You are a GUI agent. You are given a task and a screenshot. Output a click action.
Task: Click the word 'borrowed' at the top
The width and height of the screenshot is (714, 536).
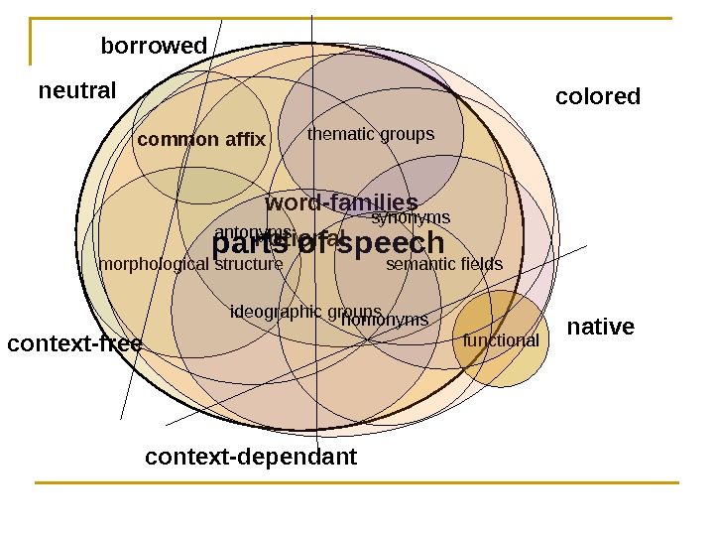(154, 47)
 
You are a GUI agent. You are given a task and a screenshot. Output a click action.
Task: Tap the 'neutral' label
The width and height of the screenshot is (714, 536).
(77, 91)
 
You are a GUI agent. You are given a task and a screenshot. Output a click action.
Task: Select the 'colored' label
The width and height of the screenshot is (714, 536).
(598, 97)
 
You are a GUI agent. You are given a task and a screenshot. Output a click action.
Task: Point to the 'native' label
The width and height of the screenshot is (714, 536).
(600, 328)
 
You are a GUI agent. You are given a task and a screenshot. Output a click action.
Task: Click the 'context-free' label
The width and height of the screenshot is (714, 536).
(74, 344)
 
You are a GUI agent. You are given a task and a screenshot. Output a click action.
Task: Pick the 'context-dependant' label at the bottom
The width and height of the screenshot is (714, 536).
(251, 458)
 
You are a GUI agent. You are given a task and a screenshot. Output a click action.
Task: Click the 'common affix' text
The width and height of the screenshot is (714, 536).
(201, 140)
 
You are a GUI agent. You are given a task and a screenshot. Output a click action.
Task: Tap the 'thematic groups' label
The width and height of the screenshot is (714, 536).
(371, 134)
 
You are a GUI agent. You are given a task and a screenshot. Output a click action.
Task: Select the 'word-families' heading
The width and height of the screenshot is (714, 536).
(341, 204)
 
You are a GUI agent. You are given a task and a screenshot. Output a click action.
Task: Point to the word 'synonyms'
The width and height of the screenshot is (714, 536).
(411, 218)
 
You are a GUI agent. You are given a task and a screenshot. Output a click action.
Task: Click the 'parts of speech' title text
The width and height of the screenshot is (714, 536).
(328, 243)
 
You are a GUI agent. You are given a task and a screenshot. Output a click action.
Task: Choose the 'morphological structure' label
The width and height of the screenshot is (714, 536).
(190, 265)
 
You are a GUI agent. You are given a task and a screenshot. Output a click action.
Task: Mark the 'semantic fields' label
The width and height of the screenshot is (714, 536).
(444, 265)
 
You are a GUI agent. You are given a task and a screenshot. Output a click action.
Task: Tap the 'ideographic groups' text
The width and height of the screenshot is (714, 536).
(305, 313)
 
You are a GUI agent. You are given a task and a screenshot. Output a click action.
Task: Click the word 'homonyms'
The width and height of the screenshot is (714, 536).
(385, 321)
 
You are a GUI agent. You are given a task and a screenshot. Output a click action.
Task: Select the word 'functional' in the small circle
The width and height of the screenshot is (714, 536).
(501, 341)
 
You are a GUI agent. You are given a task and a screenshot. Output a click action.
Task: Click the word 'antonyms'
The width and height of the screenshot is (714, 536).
(248, 232)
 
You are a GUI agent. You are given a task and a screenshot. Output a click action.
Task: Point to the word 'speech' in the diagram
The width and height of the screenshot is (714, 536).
(397, 243)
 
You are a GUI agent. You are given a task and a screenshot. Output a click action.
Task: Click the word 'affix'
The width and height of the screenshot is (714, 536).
(246, 140)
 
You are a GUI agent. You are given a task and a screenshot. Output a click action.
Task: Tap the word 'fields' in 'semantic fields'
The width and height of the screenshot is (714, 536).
(482, 265)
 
